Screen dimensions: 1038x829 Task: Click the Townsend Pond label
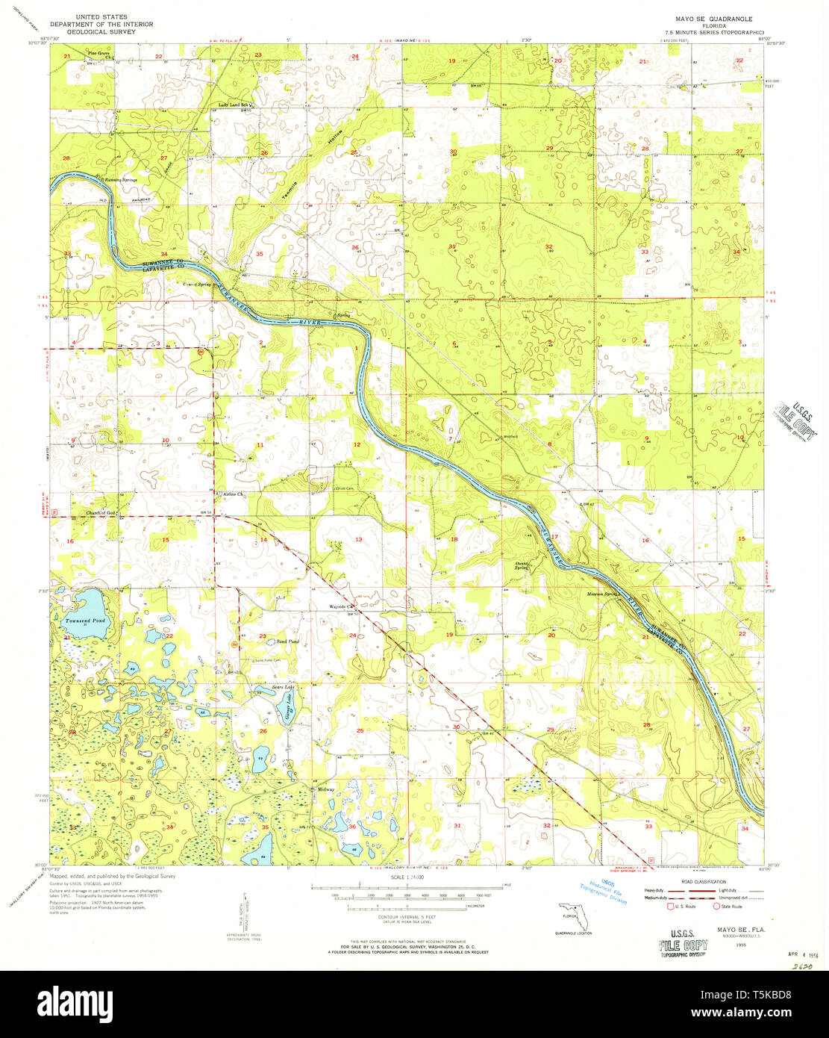[x=84, y=621]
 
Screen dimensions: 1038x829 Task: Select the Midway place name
[x=326, y=789]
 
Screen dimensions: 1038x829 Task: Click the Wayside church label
[x=340, y=606]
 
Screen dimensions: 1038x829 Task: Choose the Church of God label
[x=100, y=513]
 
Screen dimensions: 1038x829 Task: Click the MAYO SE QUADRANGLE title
[x=713, y=18]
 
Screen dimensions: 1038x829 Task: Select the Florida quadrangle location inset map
[x=572, y=916]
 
